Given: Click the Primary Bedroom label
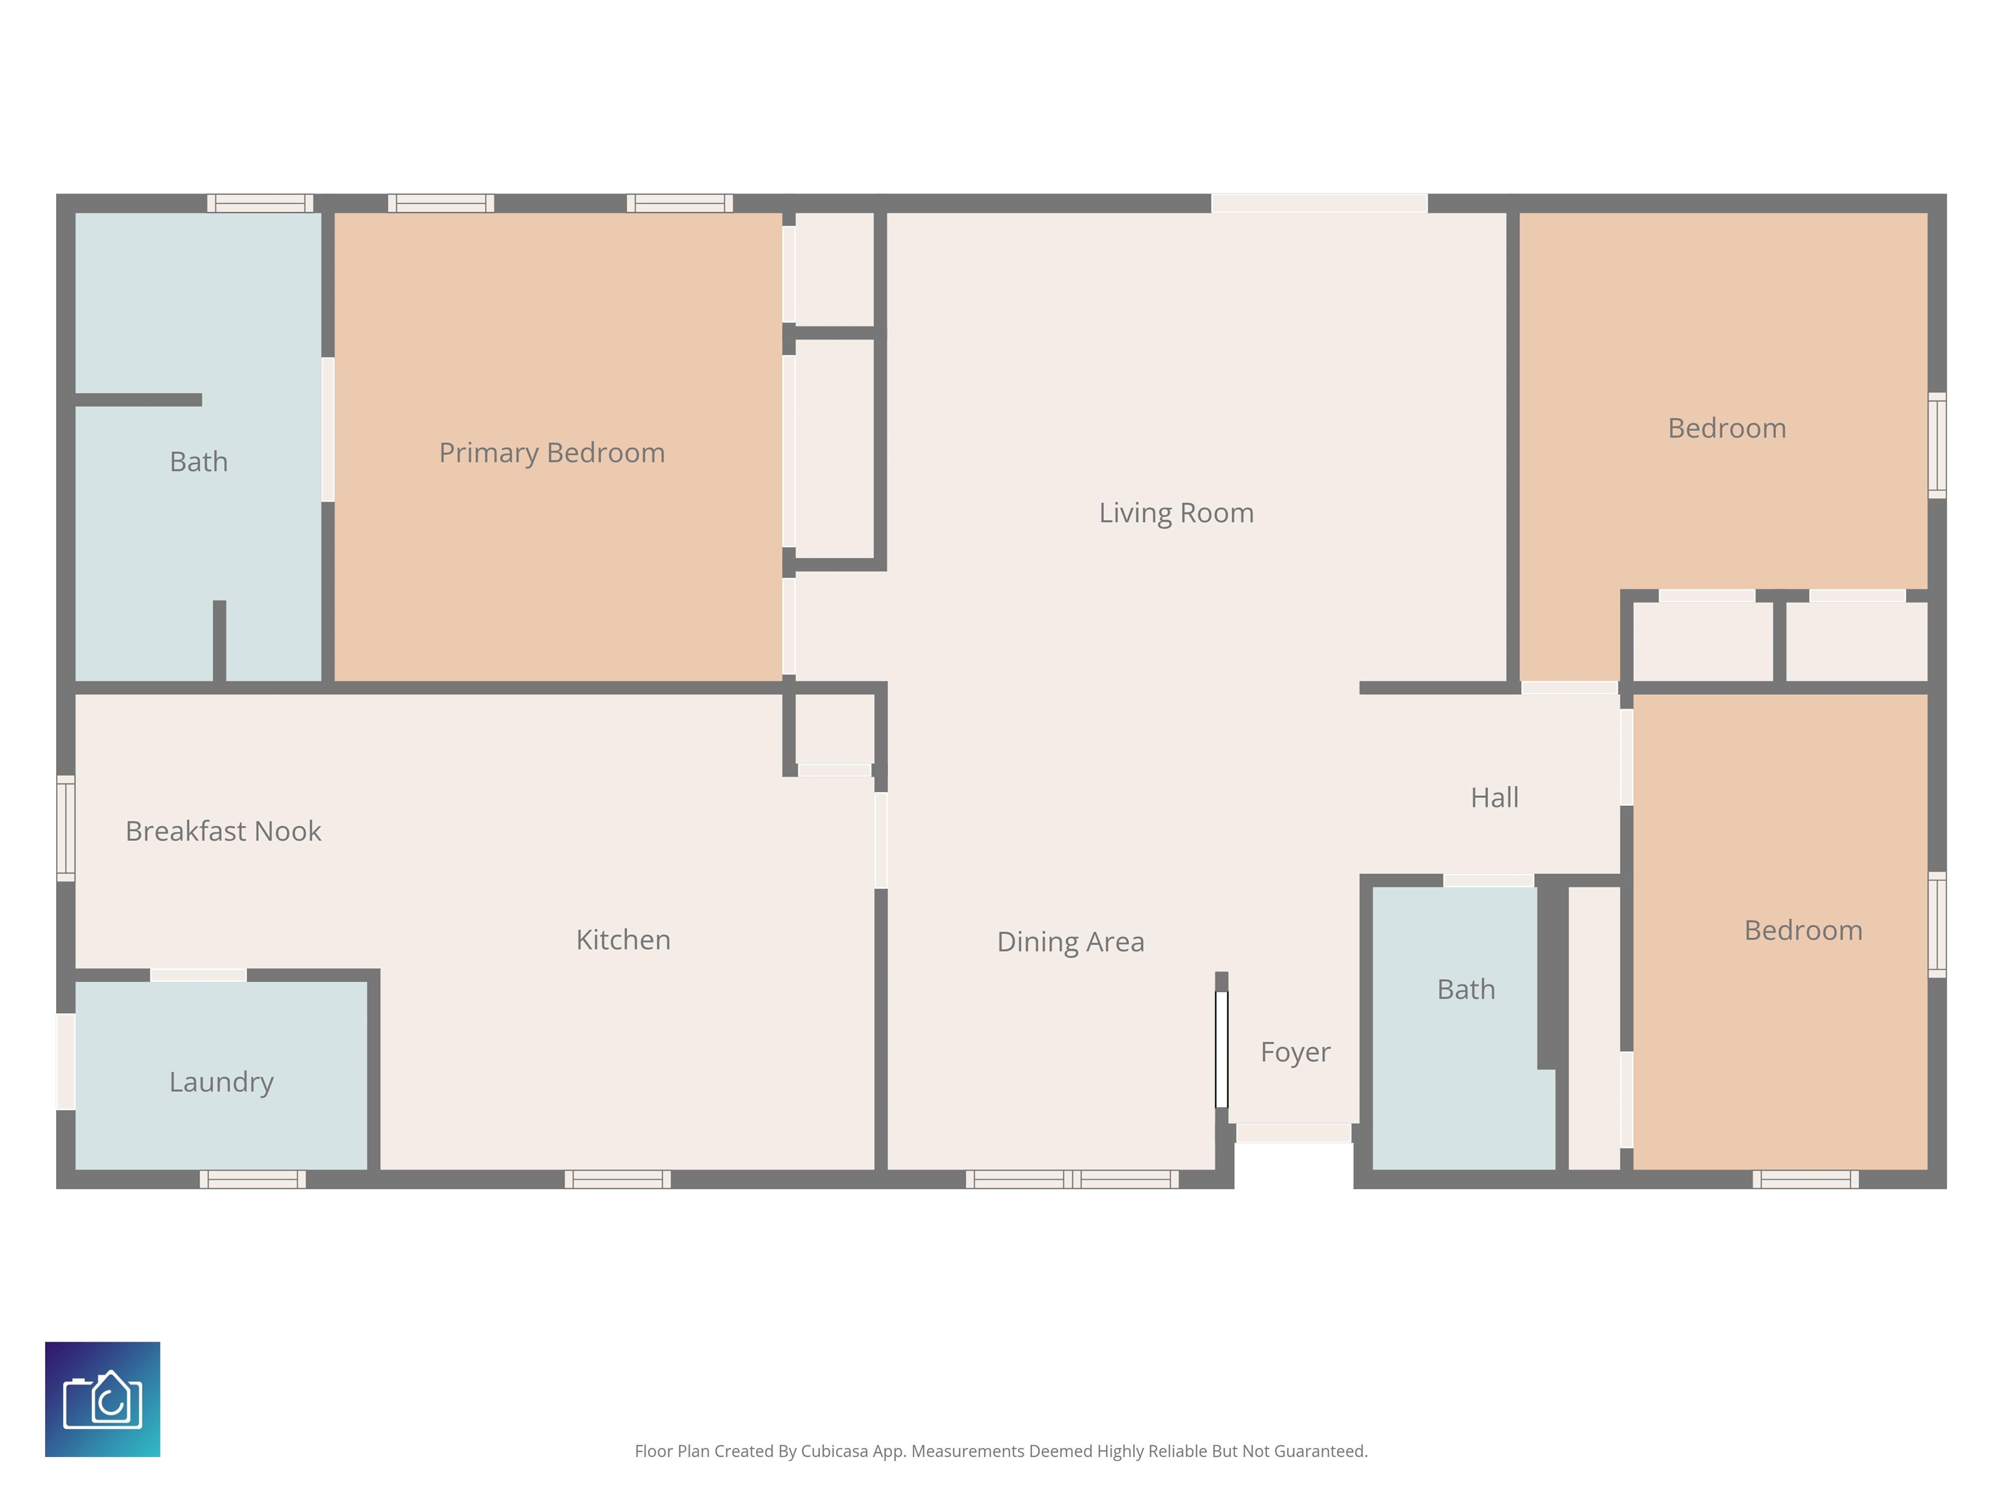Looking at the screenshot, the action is (x=552, y=452).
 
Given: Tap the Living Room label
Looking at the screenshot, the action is (x=1176, y=513).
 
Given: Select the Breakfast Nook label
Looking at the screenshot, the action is (x=223, y=831).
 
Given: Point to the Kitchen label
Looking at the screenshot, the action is (x=623, y=940).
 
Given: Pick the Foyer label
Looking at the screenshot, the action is (x=1295, y=1053).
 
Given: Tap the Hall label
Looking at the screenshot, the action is (x=1494, y=798).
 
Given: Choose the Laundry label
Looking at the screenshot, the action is (x=221, y=1083).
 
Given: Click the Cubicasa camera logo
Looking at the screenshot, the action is (x=102, y=1400).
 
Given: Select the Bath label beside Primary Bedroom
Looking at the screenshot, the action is (x=198, y=462).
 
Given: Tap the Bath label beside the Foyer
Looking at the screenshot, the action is (x=1466, y=990).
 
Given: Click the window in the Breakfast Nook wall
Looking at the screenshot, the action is (x=65, y=829).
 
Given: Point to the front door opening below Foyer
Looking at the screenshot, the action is (x=1294, y=1132).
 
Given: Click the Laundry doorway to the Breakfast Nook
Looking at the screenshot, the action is (x=198, y=975).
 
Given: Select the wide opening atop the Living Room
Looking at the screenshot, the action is (x=1319, y=203).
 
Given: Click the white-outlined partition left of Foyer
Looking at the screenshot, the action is (x=1221, y=1050).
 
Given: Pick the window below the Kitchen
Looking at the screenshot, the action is (x=617, y=1179).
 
